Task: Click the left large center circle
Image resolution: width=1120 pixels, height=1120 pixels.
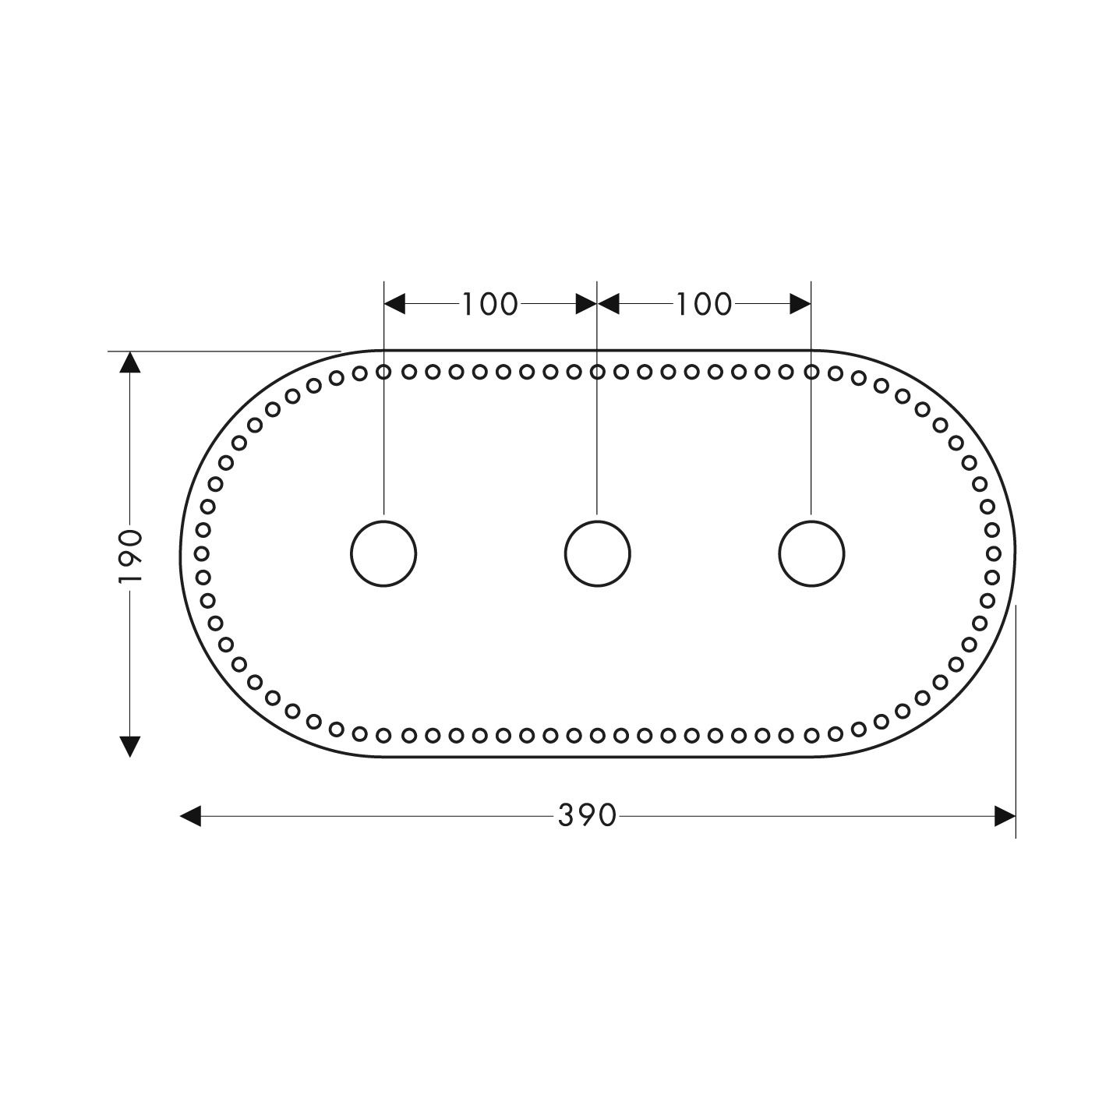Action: (x=383, y=553)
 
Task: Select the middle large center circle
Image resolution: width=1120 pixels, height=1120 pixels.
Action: (x=597, y=553)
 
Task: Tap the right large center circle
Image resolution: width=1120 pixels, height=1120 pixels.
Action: (x=811, y=553)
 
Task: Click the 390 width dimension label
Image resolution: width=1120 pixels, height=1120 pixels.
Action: (x=587, y=816)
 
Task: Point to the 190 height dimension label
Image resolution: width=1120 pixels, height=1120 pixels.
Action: (x=130, y=556)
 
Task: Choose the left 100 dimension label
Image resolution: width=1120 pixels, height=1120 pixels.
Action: (x=489, y=305)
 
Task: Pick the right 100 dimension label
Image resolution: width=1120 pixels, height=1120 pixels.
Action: (x=703, y=305)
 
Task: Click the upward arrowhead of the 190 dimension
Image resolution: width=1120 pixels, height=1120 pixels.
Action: (x=130, y=362)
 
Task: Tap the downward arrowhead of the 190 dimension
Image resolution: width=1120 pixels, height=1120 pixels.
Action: (x=130, y=746)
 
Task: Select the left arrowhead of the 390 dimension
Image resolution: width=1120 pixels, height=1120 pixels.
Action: (x=191, y=816)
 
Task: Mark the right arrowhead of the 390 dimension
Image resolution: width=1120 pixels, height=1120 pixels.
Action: (x=1005, y=816)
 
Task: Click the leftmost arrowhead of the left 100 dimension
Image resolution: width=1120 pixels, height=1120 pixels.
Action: (x=395, y=304)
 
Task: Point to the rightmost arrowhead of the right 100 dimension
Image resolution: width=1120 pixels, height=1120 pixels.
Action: (x=800, y=304)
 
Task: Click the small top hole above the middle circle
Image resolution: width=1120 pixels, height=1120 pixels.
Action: (x=597, y=372)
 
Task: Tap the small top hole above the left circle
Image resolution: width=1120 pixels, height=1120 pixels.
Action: (x=383, y=372)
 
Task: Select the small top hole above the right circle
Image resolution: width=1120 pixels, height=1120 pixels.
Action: (x=811, y=372)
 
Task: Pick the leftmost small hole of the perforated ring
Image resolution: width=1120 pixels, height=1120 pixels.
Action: (x=201, y=553)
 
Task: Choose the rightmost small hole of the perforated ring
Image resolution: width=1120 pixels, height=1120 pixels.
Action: (x=994, y=553)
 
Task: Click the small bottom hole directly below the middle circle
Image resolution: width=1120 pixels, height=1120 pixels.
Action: (x=597, y=734)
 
